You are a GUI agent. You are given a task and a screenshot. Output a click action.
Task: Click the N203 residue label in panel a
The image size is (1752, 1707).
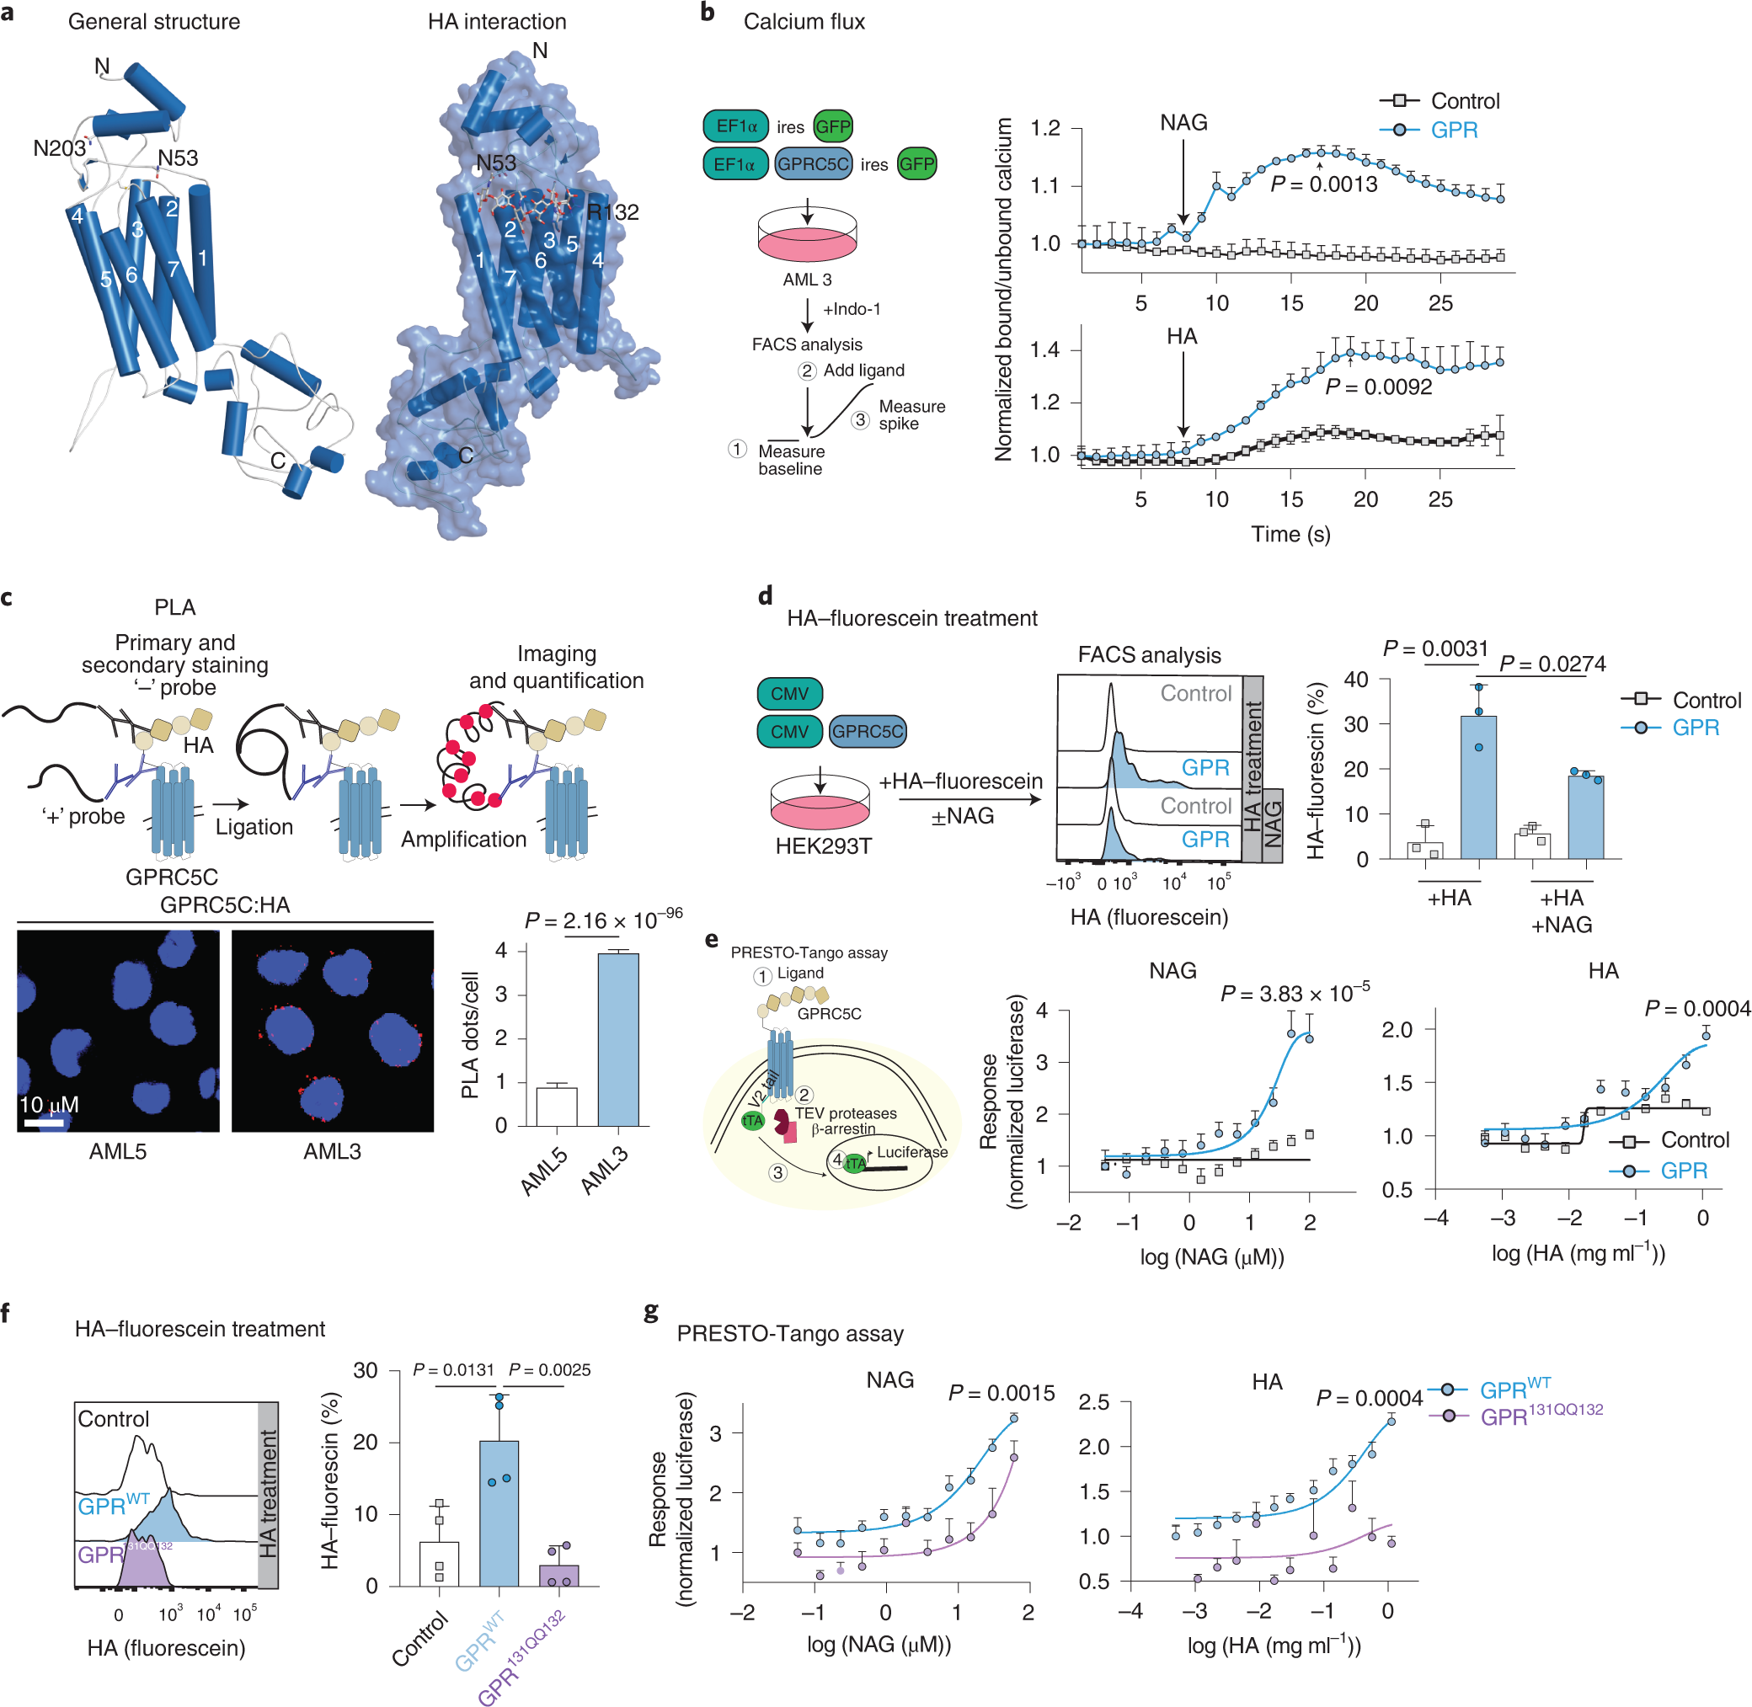pos(59,148)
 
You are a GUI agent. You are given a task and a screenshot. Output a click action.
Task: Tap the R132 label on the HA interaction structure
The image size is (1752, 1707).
pos(613,212)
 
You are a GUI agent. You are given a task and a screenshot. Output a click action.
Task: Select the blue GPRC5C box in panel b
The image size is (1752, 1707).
pos(813,164)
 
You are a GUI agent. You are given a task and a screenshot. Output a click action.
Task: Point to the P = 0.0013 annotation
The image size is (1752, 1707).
pos(1323,184)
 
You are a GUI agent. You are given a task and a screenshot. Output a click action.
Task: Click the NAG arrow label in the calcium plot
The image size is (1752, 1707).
pos(1183,122)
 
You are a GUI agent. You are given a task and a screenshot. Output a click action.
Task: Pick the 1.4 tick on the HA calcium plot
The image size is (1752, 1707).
pos(1044,350)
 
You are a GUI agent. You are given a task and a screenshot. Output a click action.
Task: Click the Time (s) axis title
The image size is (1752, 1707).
pos(1290,535)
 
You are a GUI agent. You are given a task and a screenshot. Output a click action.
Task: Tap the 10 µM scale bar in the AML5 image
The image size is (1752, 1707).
pos(44,1123)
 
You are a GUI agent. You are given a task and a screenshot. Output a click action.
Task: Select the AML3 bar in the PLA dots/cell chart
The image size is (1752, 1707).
pos(617,1039)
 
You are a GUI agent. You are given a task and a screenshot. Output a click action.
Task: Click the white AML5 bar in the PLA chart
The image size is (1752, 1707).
pos(556,1106)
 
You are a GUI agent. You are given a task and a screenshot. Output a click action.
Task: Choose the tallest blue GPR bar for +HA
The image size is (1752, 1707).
pos(1478,787)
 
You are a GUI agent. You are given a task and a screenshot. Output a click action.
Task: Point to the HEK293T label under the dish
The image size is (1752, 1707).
pos(822,846)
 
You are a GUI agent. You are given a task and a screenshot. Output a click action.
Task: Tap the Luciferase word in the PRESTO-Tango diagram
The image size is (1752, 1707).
pos(912,1152)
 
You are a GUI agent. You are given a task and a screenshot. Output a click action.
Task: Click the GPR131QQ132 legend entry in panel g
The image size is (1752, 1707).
pos(1541,1416)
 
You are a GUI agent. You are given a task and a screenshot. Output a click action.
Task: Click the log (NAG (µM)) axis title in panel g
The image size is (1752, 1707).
pos(878,1643)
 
